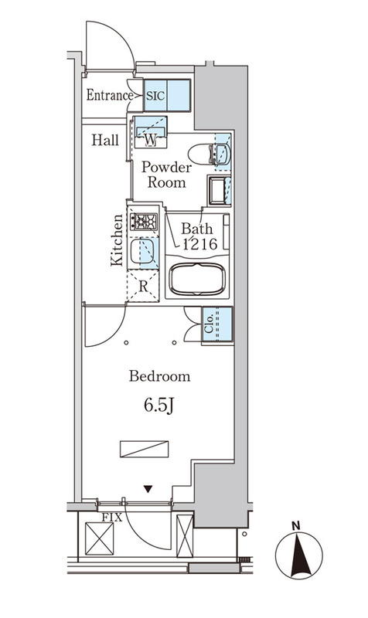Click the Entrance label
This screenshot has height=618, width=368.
click(x=110, y=95)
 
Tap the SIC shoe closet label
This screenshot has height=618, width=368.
click(x=156, y=96)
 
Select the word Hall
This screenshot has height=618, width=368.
click(x=105, y=140)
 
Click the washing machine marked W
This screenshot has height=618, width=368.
click(x=150, y=132)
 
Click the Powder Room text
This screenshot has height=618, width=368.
click(x=166, y=175)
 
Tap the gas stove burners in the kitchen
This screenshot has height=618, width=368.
click(x=144, y=222)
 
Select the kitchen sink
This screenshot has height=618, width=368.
click(x=142, y=251)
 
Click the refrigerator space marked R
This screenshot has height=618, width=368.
click(x=143, y=286)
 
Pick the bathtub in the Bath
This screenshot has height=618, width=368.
click(x=197, y=279)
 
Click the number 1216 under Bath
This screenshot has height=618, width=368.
click(x=199, y=244)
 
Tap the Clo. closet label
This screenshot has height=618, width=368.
click(x=209, y=323)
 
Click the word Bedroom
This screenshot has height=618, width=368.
click(x=159, y=376)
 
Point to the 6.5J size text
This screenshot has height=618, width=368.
click(x=159, y=406)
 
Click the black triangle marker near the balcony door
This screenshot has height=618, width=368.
click(x=148, y=489)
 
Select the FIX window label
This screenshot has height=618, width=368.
click(x=112, y=518)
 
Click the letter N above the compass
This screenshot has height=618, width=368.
click(x=296, y=526)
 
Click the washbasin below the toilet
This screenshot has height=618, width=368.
click(x=219, y=190)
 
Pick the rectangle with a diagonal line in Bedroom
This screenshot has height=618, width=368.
click(x=144, y=450)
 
